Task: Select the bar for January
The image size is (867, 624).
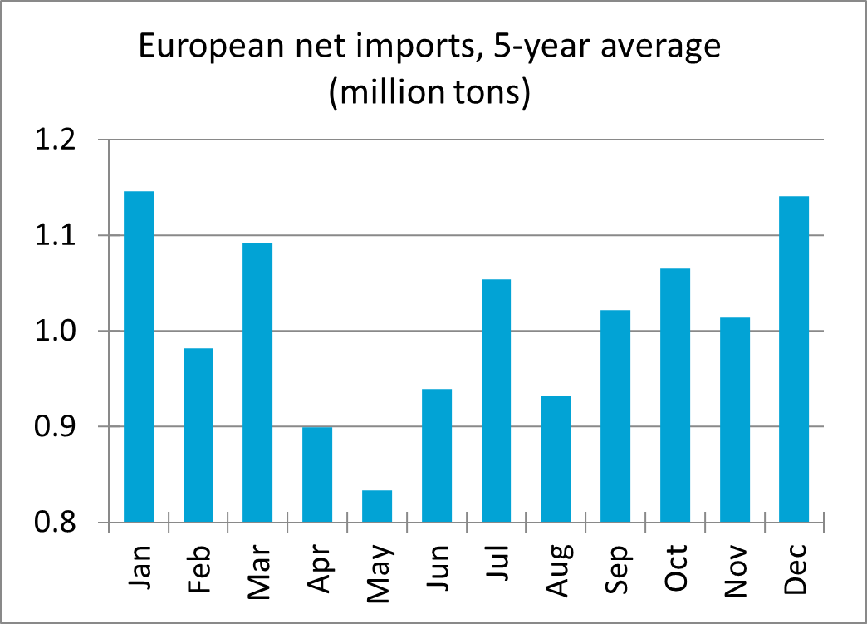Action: pyautogui.click(x=139, y=357)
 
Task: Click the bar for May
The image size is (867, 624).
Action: pyautogui.click(x=377, y=506)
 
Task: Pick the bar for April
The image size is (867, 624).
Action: pyautogui.click(x=317, y=474)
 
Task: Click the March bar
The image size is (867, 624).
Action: pyautogui.click(x=257, y=382)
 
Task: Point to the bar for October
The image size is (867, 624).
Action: pyautogui.click(x=675, y=396)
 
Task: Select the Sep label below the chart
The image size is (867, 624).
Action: pyautogui.click(x=615, y=568)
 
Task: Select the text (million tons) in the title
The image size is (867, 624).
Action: pyautogui.click(x=429, y=92)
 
